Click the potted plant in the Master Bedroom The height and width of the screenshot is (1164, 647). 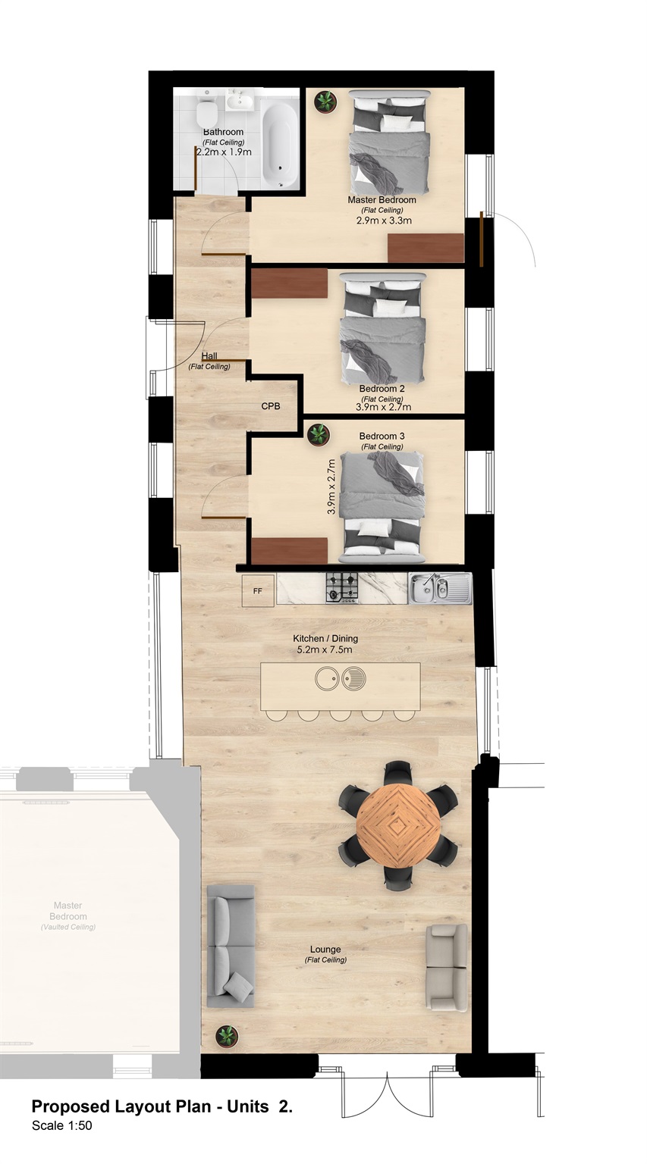point(325,101)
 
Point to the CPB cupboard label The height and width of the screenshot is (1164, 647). point(271,406)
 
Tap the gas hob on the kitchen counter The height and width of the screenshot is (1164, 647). point(342,587)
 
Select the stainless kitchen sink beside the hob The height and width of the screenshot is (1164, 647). point(440,588)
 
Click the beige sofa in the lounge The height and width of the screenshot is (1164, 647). point(447,968)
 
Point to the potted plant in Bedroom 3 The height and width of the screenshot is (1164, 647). point(319,435)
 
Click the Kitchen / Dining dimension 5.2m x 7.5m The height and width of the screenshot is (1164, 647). point(325,649)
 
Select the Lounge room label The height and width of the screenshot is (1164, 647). point(325,950)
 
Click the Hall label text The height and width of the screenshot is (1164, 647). point(209,356)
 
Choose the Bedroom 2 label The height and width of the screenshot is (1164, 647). point(382,389)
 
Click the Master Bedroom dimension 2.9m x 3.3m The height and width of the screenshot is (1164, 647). point(383,221)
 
